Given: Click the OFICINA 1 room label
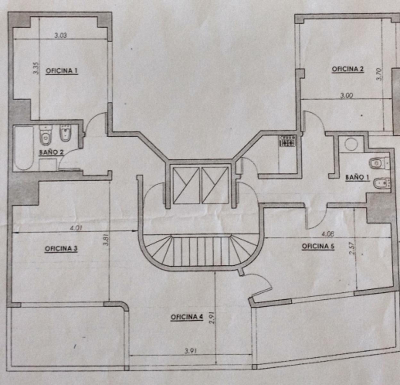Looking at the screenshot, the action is coord(62,71).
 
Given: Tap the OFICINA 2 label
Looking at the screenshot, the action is coord(348,69).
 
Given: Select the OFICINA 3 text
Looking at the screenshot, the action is coord(61,249).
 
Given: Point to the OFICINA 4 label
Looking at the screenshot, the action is coord(187,317).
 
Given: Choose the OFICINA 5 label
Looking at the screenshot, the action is coord(318,246).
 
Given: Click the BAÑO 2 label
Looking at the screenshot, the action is coord(51,152).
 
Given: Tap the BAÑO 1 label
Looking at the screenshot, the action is coord(357,177).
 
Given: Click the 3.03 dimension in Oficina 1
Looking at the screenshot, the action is coord(61,35).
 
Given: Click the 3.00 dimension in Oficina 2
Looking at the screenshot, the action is coord(346,96).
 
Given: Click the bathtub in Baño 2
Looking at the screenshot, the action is coord(24,148).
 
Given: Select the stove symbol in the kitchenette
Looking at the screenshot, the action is coord(287,141).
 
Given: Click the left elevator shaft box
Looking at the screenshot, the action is coord(186,185).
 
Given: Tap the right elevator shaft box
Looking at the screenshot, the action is coord(215,185).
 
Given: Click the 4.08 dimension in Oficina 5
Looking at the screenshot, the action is coord(328,234).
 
